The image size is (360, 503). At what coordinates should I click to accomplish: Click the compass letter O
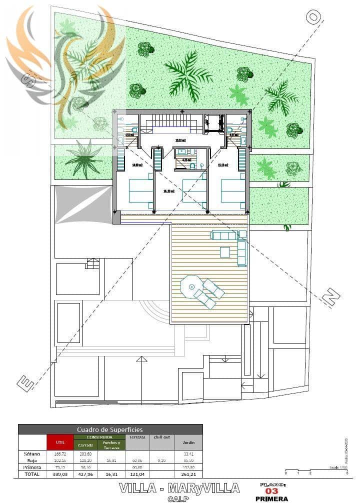pos(313,17)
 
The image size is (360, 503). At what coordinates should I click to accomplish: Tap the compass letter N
pos(331,297)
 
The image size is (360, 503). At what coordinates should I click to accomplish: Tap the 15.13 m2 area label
pos(223,164)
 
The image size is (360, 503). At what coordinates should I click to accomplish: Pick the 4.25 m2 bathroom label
pos(187,160)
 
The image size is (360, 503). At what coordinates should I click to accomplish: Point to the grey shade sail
pos(83,206)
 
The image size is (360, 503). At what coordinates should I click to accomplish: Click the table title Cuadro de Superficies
pos(110,429)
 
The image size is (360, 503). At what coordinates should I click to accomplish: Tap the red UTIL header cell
pos(60,442)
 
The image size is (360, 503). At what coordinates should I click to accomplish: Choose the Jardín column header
pos(188,442)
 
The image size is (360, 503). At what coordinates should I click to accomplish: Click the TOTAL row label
pos(32,473)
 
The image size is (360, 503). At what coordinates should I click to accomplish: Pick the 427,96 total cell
pos(87,473)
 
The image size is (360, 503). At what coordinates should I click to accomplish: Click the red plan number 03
pos(271,491)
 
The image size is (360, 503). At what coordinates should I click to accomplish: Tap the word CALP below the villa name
pos(179,498)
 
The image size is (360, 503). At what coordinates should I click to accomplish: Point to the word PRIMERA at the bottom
pos(271,498)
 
